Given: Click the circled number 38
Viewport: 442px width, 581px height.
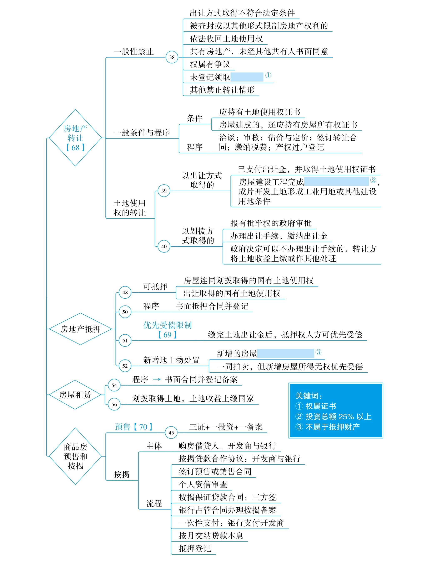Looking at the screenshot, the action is [x=172, y=57].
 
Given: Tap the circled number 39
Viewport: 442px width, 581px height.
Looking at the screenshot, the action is [x=164, y=191].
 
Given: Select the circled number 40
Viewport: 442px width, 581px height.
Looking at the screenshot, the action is [x=164, y=246].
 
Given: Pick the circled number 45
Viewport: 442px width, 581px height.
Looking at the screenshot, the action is [x=171, y=433].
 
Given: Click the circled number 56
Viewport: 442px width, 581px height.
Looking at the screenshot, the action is [x=114, y=404].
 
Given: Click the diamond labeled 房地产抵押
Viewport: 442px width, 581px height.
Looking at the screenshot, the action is [x=81, y=329].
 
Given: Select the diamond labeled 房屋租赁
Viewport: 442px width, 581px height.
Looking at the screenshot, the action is [x=75, y=394].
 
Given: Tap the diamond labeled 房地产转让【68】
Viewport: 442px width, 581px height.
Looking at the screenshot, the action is [x=75, y=138].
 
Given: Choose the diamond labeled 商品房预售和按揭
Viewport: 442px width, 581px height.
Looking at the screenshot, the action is [x=75, y=456].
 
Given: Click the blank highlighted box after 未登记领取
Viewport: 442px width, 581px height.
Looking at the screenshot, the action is [x=247, y=77].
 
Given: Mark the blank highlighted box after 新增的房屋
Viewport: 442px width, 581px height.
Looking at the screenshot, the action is [x=285, y=353].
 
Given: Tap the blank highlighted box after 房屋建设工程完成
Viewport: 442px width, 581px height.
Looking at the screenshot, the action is [x=336, y=181].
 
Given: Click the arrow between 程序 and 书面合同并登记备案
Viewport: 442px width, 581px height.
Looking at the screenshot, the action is [x=157, y=379].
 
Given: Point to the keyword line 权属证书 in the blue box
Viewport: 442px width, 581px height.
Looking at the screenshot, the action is [x=316, y=406].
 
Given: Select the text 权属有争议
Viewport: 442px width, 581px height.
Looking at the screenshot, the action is [x=210, y=64].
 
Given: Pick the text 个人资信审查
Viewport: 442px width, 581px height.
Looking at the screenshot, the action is [x=203, y=484].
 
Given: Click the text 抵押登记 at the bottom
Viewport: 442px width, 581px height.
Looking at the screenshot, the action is [x=195, y=548].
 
